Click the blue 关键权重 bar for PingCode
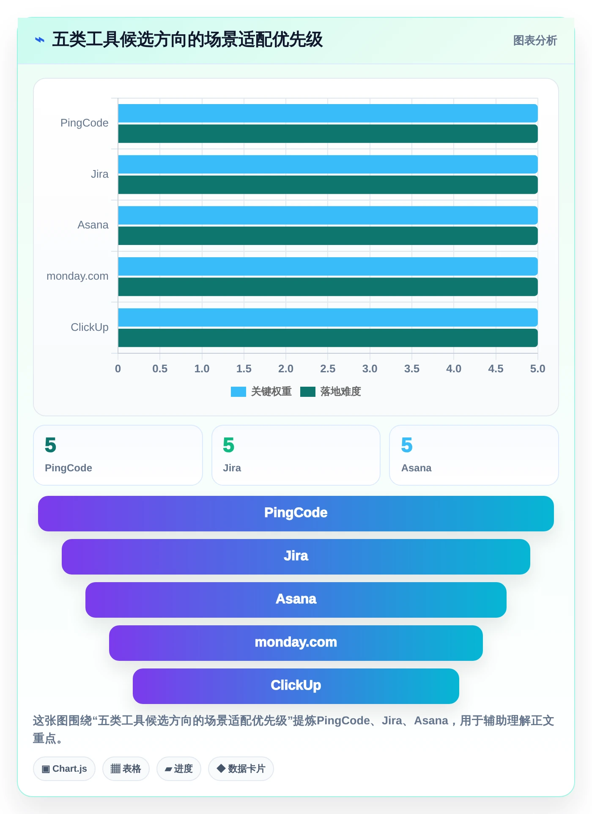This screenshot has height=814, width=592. tap(328, 113)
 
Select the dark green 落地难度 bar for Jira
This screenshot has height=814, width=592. tap(328, 185)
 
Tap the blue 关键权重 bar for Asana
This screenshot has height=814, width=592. tap(328, 215)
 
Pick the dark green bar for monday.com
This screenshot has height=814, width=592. tap(328, 287)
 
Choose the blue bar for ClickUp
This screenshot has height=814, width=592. tap(328, 318)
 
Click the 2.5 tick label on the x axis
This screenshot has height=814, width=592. tap(328, 369)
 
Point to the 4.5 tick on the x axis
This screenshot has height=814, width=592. tap(496, 369)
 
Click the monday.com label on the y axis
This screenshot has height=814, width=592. tap(77, 276)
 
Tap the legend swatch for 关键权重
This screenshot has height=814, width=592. tap(238, 392)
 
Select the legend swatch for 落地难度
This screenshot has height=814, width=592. tap(308, 392)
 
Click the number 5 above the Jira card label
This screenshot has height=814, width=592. tap(229, 445)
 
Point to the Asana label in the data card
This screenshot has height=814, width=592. tap(417, 468)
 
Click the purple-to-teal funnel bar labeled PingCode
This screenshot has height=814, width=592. tap(296, 514)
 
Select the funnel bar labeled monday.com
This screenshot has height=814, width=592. tap(296, 643)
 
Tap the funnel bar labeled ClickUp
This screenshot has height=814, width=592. tap(296, 686)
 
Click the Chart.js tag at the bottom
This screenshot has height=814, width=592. tap(64, 769)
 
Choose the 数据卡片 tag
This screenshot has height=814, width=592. tap(241, 769)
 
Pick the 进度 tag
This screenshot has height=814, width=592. tap(179, 769)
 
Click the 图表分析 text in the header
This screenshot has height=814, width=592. tap(535, 41)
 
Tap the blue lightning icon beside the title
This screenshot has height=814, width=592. tap(40, 40)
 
